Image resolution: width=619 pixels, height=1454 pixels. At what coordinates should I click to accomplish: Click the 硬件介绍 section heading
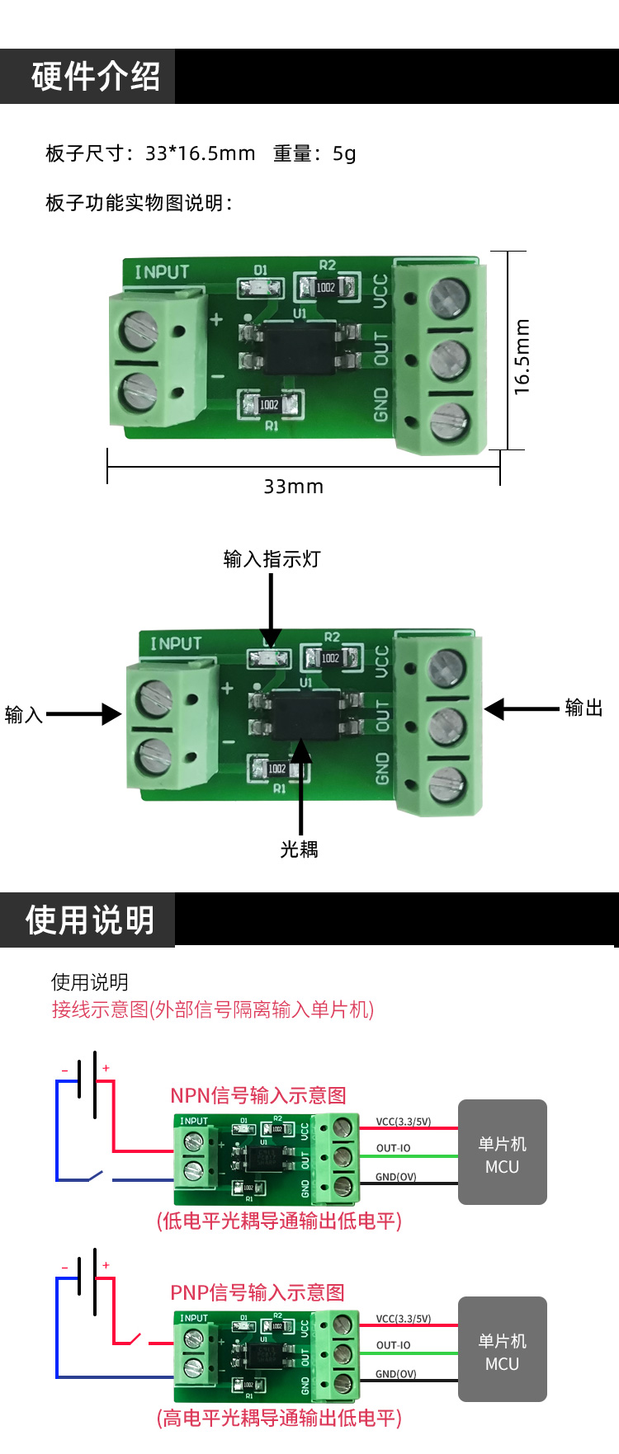(x=95, y=77)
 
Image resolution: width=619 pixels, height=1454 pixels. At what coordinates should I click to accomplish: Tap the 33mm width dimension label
(x=293, y=487)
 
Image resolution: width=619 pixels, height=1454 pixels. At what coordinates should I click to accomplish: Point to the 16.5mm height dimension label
(x=522, y=356)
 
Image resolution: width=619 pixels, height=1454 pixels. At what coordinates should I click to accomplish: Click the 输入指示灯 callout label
(x=272, y=559)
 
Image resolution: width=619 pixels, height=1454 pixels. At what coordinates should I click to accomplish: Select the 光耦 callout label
(x=299, y=849)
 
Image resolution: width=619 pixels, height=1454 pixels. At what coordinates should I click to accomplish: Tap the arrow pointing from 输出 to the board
(x=521, y=708)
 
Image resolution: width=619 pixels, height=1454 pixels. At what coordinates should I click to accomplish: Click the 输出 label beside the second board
(x=584, y=708)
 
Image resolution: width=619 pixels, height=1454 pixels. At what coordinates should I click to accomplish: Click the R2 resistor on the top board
(x=327, y=287)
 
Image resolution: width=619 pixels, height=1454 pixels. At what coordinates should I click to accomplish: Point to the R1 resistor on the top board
(x=270, y=405)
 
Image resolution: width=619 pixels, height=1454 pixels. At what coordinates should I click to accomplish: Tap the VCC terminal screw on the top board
(x=448, y=298)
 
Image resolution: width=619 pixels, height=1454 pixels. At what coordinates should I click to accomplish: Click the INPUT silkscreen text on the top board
(x=162, y=272)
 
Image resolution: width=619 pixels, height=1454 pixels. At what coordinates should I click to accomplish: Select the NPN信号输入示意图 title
(x=258, y=1095)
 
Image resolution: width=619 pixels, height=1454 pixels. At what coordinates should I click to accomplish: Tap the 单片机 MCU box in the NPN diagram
(x=502, y=1152)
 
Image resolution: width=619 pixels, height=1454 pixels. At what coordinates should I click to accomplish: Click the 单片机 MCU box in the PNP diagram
(x=502, y=1349)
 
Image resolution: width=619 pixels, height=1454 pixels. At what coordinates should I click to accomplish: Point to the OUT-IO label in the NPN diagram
(x=393, y=1148)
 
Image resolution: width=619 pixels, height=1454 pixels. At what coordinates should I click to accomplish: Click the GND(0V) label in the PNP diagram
(x=395, y=1374)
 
